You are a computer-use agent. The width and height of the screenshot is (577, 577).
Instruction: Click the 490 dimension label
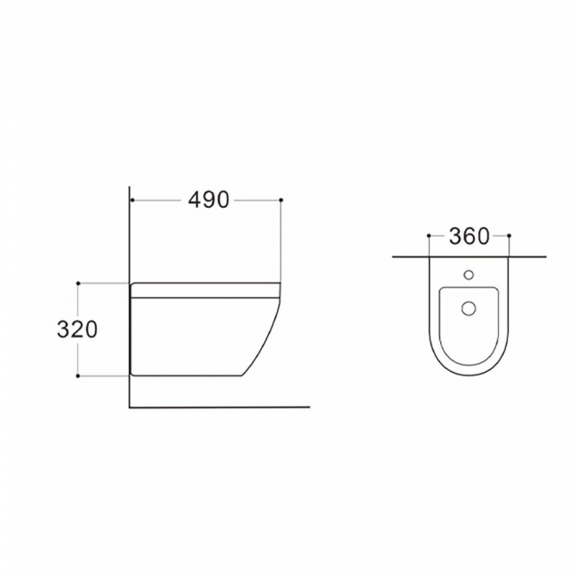pos(209,201)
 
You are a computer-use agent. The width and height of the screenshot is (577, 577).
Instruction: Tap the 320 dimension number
pos(77,329)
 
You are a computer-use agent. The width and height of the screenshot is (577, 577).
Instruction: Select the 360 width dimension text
pos(470,236)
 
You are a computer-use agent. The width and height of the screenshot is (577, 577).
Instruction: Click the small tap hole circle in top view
pos(469,274)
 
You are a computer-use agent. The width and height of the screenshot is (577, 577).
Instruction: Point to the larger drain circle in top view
pos(469,308)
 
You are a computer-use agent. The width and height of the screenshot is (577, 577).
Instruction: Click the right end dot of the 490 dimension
pos(281,200)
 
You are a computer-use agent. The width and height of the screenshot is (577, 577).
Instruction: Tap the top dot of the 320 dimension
pos(78,283)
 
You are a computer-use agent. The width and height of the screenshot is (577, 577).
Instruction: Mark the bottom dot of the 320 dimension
pos(78,375)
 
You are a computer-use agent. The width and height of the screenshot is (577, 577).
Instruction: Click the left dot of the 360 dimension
pos(429,235)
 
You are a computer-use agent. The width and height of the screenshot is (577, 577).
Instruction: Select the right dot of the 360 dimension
pos(509,235)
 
